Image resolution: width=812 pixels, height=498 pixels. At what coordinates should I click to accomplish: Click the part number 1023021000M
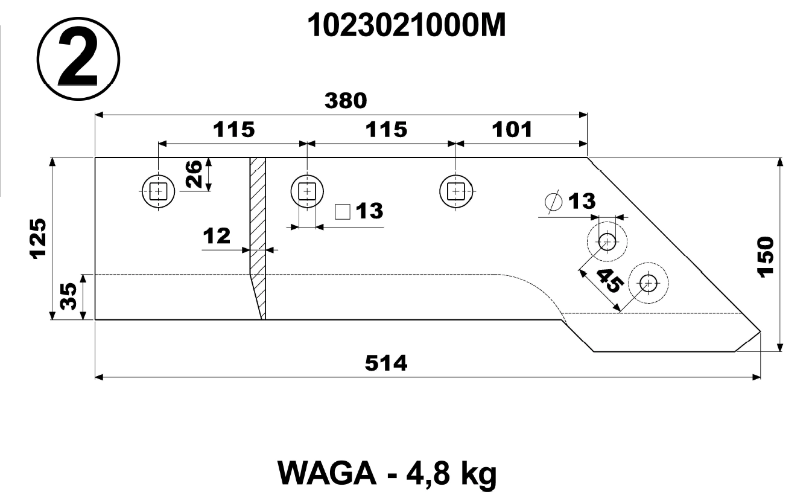coord(406,26)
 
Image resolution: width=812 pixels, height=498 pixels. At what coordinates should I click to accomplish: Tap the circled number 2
coord(78,59)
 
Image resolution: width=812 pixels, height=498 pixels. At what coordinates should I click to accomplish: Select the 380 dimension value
coord(346,101)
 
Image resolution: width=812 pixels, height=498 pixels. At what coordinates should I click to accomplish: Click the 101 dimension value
coord(512,130)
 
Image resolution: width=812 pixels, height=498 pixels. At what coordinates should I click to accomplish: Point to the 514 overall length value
coord(386,363)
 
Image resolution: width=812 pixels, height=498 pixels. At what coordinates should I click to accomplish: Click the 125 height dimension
coord(38,238)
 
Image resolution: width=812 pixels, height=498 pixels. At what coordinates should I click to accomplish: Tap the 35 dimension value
coord(68,296)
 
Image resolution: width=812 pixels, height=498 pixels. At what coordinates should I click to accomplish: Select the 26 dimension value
coord(194,174)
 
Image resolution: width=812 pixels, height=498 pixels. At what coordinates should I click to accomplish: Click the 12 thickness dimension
coord(217,236)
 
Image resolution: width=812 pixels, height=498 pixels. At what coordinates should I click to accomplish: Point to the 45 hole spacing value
coord(610,281)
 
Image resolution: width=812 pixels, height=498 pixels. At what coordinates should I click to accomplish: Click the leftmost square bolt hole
coord(159,191)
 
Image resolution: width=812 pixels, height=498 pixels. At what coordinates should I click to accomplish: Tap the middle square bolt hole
coord(307,191)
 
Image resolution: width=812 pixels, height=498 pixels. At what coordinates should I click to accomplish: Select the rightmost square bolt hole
coord(456,191)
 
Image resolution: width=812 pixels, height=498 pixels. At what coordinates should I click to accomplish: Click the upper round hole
coord(607,242)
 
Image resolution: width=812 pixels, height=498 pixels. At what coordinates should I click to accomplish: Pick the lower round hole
coord(649,283)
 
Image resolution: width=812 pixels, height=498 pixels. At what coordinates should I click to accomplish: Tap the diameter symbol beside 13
coord(554,202)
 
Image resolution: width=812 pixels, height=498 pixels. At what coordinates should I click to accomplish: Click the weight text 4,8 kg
coord(451,474)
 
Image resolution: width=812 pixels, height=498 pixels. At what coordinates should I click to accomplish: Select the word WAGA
coord(327,473)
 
